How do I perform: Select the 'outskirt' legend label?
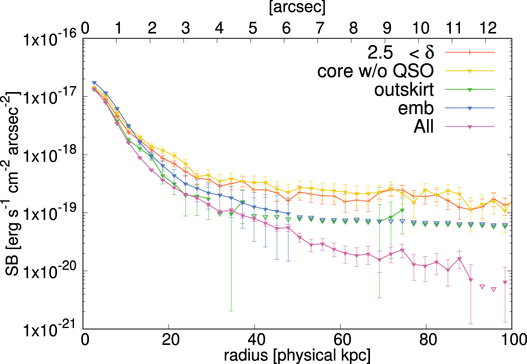pyautogui.click(x=407, y=89)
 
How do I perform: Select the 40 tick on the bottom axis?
pyautogui.click(x=255, y=339)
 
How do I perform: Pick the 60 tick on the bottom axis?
pyautogui.click(x=341, y=339)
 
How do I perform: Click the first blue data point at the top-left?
pyautogui.click(x=94, y=83)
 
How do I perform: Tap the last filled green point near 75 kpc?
pyautogui.click(x=402, y=211)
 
